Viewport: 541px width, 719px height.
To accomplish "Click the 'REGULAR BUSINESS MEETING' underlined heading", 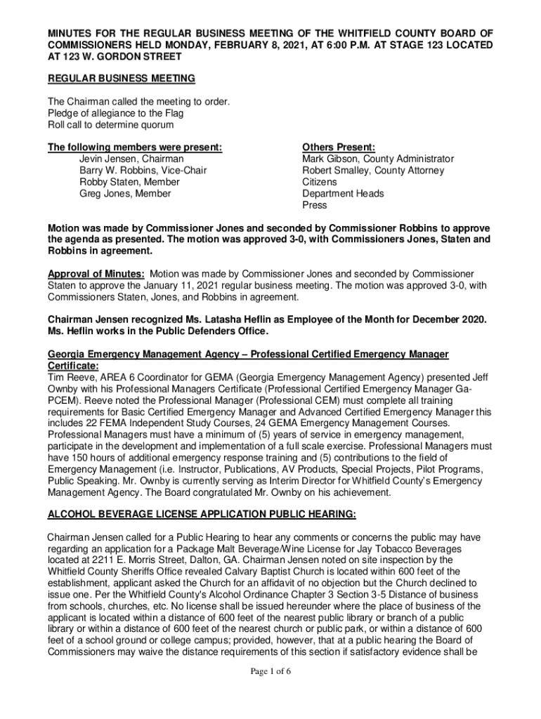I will coord(121,78).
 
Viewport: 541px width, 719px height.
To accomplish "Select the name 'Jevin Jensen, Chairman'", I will coord(131,159).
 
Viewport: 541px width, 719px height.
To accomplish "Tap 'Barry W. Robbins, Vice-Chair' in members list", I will coord(143,171).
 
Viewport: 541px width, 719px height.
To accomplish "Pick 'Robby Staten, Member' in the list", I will coord(129,182).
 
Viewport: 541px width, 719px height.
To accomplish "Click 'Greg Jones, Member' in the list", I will coord(125,194).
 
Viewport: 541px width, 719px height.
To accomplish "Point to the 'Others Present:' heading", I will coord(339,147).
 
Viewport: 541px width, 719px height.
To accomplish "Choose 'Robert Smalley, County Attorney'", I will coord(373,171).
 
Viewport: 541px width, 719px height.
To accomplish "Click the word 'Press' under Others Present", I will coord(315,205).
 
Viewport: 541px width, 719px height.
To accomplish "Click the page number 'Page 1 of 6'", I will coord(270,671).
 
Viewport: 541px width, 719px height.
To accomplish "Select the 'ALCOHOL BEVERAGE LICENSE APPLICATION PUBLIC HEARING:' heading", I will coord(202,514).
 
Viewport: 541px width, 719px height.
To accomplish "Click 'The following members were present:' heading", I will coord(135,147).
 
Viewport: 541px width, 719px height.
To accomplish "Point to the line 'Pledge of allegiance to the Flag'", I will coord(115,113).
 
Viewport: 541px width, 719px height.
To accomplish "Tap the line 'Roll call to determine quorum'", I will coord(110,125).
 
